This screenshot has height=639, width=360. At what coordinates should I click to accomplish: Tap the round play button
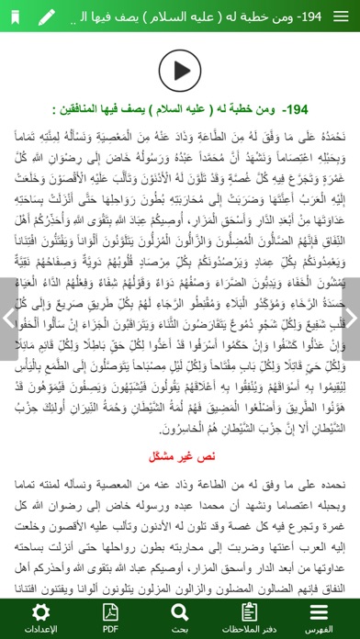coord(179,67)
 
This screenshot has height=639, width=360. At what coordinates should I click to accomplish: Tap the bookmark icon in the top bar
coord(16,16)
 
